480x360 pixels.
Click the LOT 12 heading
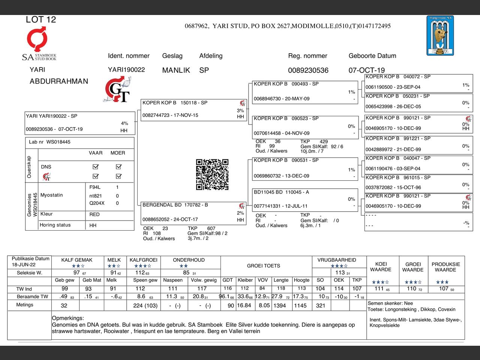41,20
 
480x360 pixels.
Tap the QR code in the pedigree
212,174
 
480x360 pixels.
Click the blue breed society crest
440,36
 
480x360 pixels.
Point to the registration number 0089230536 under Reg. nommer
308,70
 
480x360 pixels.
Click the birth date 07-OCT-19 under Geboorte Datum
366,70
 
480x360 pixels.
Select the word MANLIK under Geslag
176,70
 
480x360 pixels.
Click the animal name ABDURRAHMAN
59,81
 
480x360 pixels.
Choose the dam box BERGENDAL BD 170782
193,213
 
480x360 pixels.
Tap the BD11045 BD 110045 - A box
304,199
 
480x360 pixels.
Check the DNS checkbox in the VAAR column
96,166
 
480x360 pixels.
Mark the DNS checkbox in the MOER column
119,166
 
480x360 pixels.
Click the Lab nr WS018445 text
49,142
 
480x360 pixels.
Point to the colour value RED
94,214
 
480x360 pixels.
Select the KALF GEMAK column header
77,260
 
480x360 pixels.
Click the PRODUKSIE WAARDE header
445,267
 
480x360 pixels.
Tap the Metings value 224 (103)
145,306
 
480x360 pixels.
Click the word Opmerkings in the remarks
68,318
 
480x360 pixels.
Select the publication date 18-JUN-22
24,265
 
